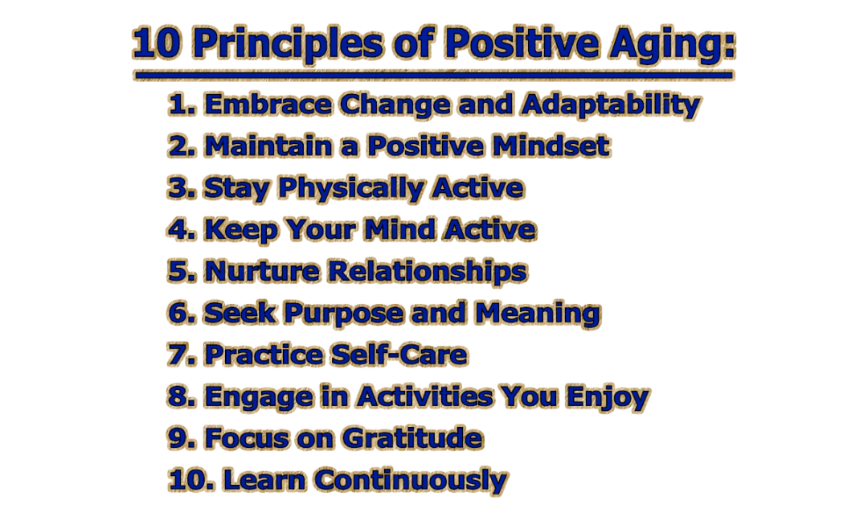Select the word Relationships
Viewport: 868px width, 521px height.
pos(426,272)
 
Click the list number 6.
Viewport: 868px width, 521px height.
pos(179,314)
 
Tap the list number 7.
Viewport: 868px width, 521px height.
pos(179,355)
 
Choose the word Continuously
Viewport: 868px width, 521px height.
pos(410,480)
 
